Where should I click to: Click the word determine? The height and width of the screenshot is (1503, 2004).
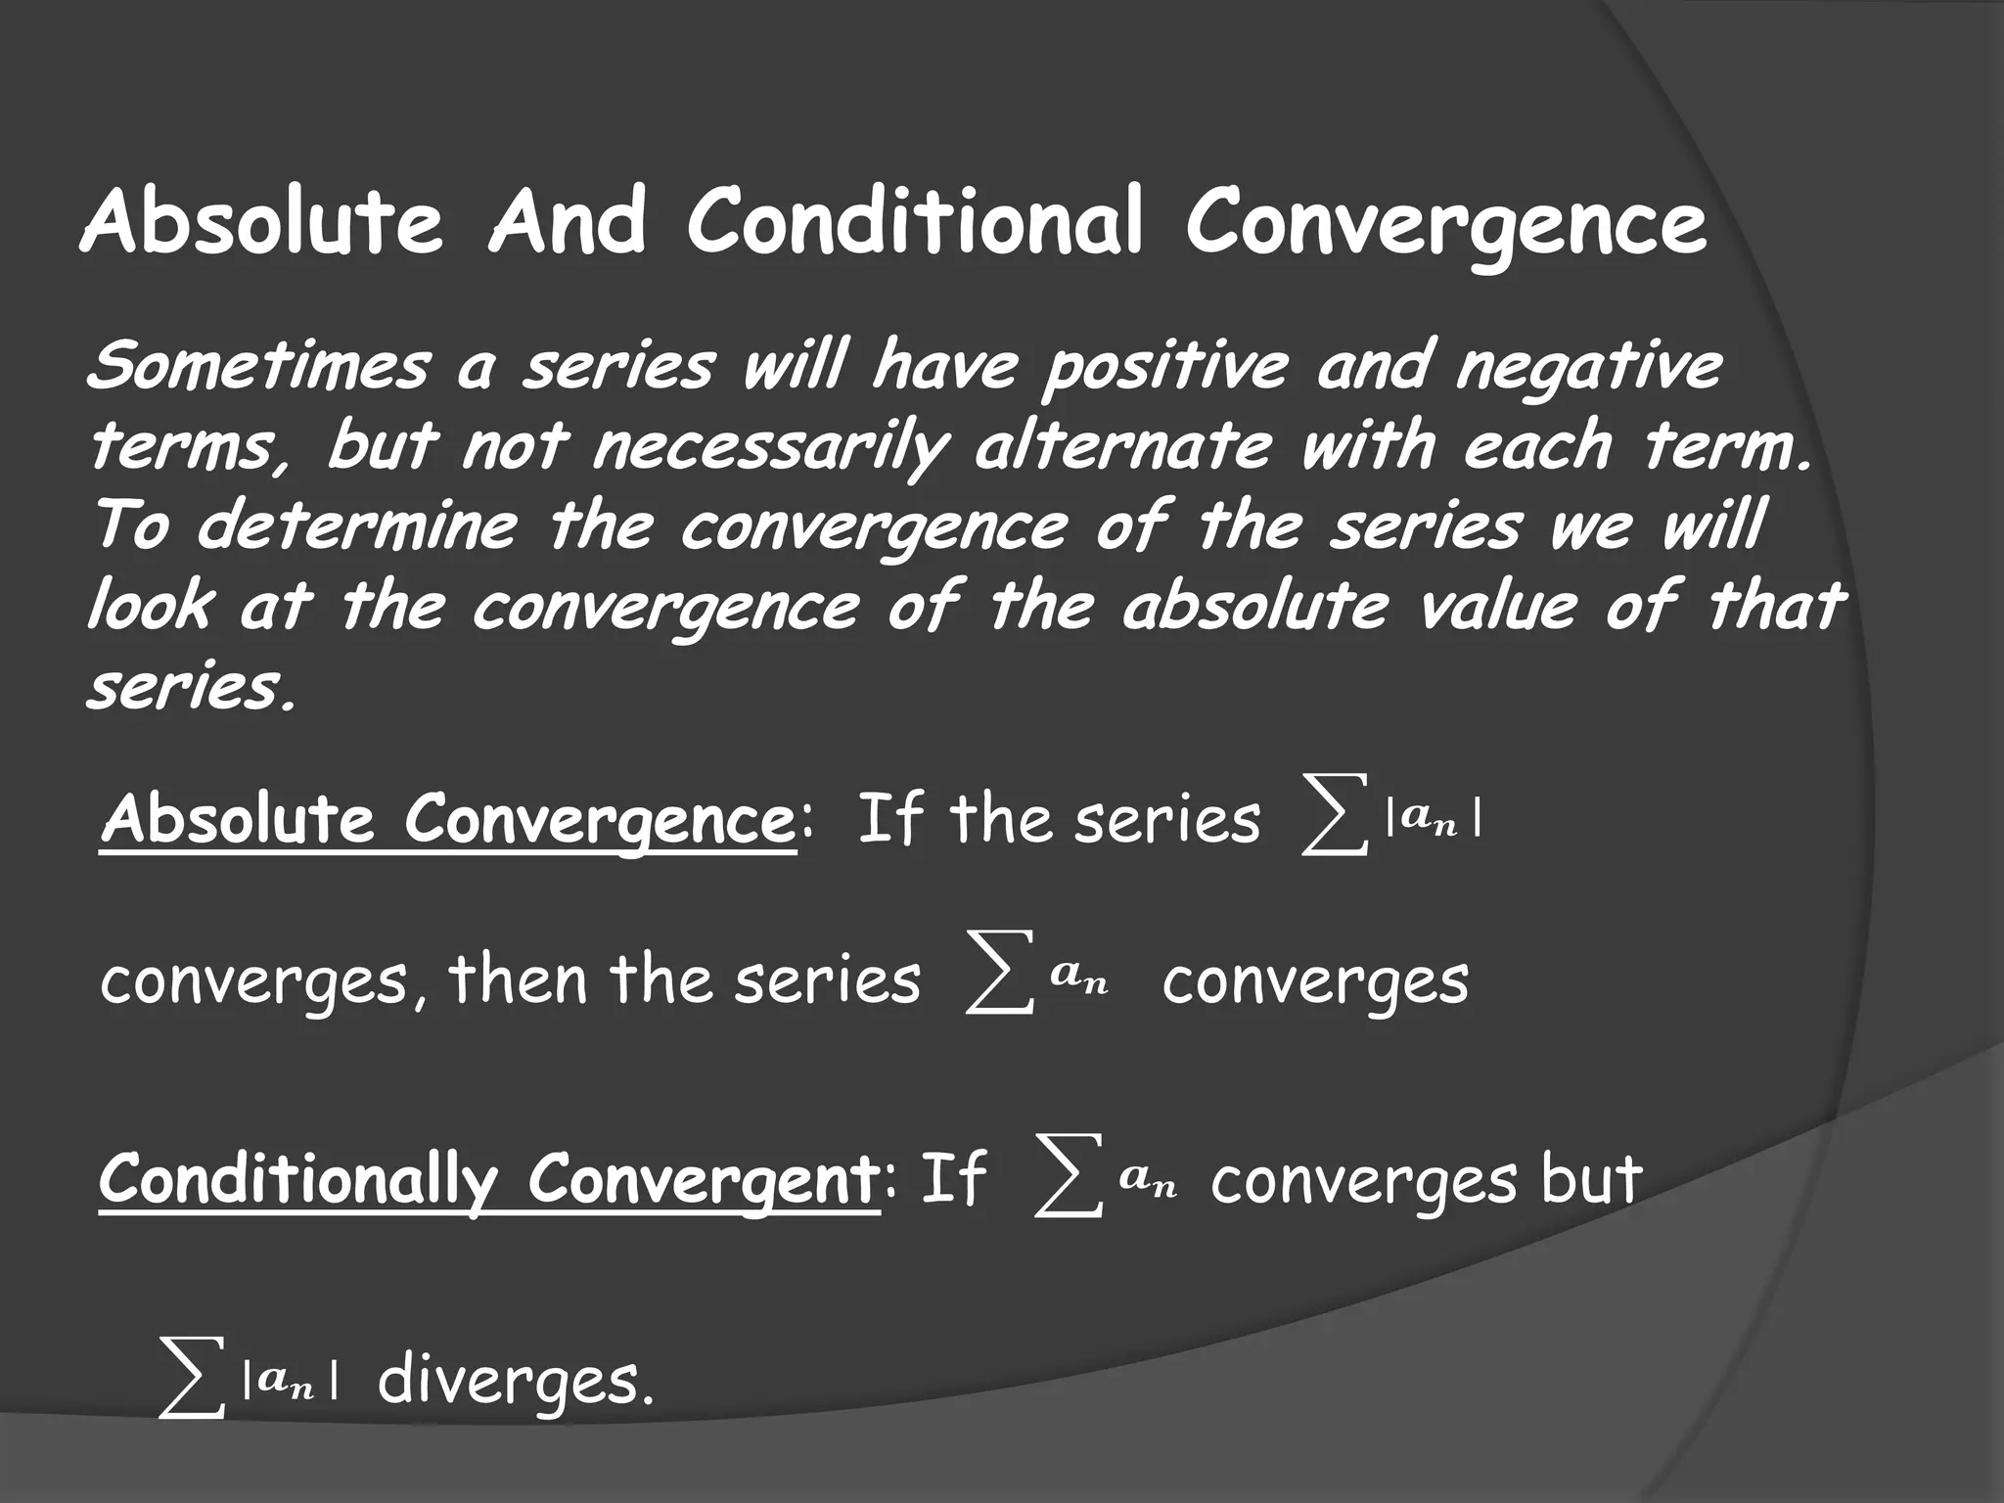coord(357,525)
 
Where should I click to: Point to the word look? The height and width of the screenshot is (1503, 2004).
coord(149,606)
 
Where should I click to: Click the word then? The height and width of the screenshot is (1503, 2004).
coord(518,979)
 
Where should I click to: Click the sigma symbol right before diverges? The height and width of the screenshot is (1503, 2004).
coord(191,1380)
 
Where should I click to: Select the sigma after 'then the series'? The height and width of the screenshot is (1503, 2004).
coord(999,982)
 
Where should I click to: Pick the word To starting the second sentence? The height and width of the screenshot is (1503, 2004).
coord(131,525)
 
